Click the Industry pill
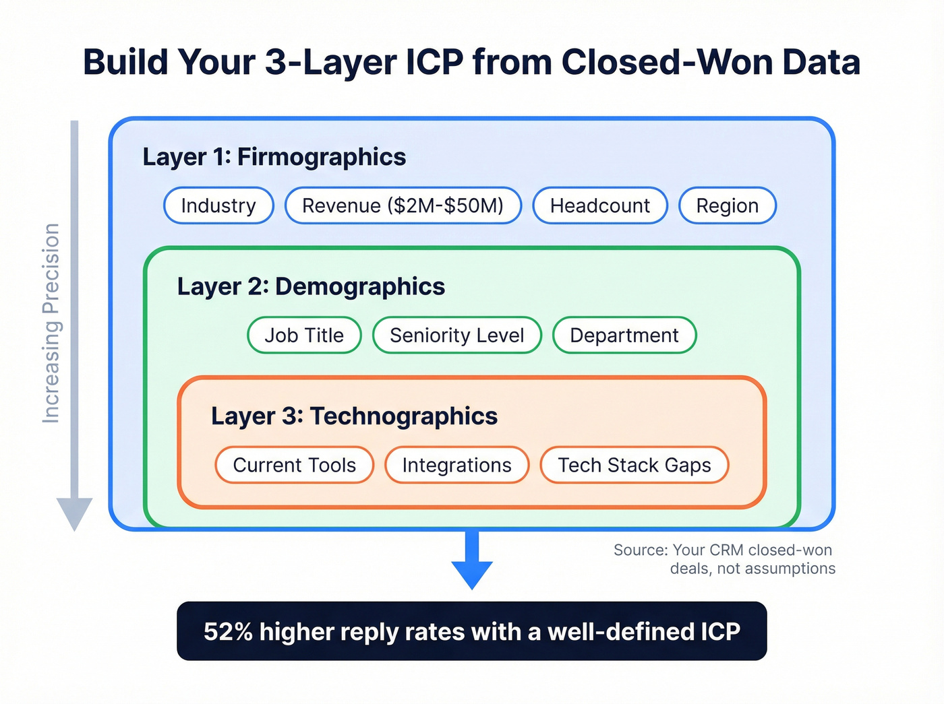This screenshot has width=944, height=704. pyautogui.click(x=218, y=205)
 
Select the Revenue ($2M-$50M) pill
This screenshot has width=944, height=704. pyautogui.click(x=403, y=205)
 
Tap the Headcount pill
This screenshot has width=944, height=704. pyautogui.click(x=600, y=205)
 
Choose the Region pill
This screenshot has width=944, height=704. pyautogui.click(x=727, y=205)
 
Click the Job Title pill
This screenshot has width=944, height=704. pyautogui.click(x=304, y=335)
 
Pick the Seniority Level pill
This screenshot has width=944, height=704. pyautogui.click(x=456, y=335)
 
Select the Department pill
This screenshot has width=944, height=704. pyautogui.click(x=624, y=335)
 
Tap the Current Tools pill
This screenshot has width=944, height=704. pyautogui.click(x=294, y=465)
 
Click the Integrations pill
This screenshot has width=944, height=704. pyautogui.click(x=456, y=465)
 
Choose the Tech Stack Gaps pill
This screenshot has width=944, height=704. pyautogui.click(x=634, y=465)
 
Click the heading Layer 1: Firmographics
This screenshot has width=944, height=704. pyautogui.click(x=274, y=157)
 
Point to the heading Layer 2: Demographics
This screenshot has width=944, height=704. pyautogui.click(x=311, y=286)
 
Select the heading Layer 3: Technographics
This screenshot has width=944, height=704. pyautogui.click(x=354, y=416)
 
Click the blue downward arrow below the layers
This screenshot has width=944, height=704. pyautogui.click(x=472, y=563)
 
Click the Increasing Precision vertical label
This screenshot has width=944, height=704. pyautogui.click(x=51, y=323)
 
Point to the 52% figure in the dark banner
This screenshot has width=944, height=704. pyautogui.click(x=228, y=631)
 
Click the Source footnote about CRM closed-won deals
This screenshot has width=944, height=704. pyautogui.click(x=724, y=559)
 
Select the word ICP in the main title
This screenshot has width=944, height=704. pyautogui.click(x=434, y=62)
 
